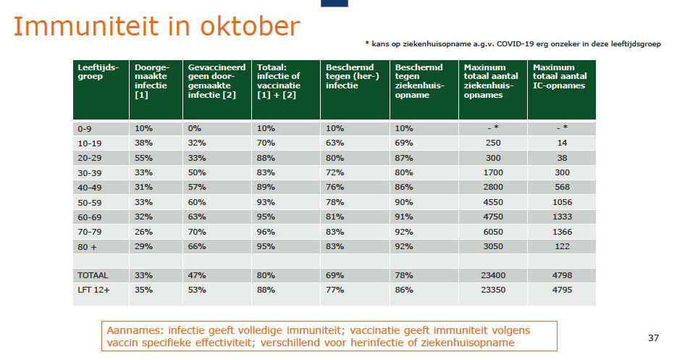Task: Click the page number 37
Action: pyautogui.click(x=653, y=338)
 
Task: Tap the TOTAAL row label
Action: pyautogui.click(x=93, y=275)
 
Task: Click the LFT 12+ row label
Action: pyautogui.click(x=93, y=290)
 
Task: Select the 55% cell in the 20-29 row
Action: pyautogui.click(x=143, y=158)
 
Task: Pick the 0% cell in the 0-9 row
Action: pyautogui.click(x=194, y=128)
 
